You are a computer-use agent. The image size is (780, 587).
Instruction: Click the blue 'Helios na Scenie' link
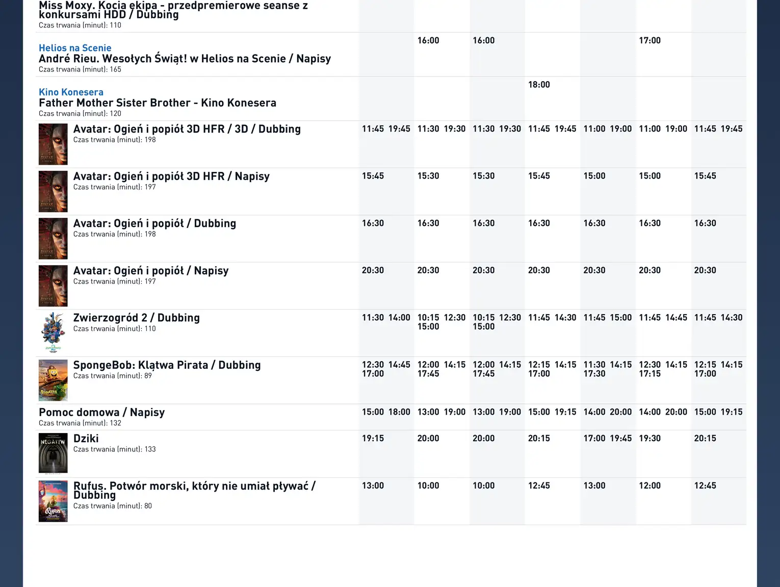coord(75,48)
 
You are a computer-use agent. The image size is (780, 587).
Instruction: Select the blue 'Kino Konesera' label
coord(71,92)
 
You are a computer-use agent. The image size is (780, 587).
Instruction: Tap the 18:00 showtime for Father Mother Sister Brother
coord(539,85)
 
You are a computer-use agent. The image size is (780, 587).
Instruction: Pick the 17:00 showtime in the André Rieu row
coord(649,40)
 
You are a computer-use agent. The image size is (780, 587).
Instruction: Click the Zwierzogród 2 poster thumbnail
coord(53,333)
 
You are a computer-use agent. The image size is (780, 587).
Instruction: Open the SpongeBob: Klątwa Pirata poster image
coord(53,380)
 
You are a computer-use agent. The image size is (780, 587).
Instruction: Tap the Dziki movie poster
coord(53,453)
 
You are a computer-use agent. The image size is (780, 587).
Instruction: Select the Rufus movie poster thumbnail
coord(53,501)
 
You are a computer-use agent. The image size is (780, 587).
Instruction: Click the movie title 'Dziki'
coord(86,439)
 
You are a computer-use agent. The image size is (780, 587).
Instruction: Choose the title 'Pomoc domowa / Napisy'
coord(102,412)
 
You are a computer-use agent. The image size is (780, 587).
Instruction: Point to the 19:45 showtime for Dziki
coord(620,439)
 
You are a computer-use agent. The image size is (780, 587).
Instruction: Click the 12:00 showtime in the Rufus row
coord(649,486)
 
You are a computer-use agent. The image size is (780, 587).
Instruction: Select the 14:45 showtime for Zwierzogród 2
coord(676,318)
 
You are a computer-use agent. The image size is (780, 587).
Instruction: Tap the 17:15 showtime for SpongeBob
coord(649,374)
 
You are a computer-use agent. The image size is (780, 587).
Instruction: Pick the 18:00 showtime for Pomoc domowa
coord(399,412)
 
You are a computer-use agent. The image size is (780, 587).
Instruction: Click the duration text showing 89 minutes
coord(112,376)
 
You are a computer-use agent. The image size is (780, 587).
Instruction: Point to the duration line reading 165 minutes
coord(80,69)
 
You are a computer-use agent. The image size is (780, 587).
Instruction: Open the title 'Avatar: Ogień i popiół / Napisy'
coord(151,271)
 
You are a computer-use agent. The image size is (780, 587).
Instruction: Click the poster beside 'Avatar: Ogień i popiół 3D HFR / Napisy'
coord(53,191)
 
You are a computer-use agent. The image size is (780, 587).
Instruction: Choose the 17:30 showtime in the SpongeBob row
coord(594,374)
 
